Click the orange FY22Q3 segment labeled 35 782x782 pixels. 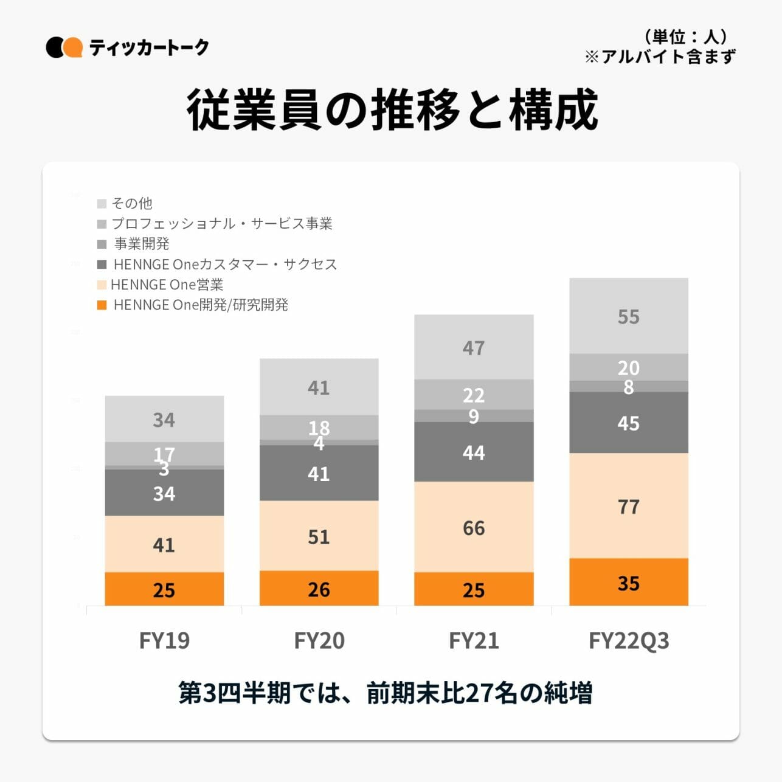click(628, 582)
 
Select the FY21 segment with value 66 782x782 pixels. click(474, 527)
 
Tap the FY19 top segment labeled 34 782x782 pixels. click(164, 420)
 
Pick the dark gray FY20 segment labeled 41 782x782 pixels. click(319, 473)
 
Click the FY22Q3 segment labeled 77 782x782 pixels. click(628, 506)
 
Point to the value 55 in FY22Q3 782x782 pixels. click(628, 317)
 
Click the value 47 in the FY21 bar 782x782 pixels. click(474, 348)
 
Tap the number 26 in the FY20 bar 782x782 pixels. click(319, 589)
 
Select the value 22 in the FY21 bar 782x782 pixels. click(474, 395)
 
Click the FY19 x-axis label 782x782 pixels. click(164, 640)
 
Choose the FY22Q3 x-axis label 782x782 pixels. click(628, 640)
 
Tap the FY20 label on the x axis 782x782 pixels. click(319, 640)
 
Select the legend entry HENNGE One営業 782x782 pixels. click(167, 285)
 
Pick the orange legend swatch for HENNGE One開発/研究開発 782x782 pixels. click(102, 305)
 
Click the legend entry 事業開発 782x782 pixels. click(142, 244)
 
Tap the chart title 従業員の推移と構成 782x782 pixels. click(392, 110)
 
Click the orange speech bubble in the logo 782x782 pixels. click(73, 47)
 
